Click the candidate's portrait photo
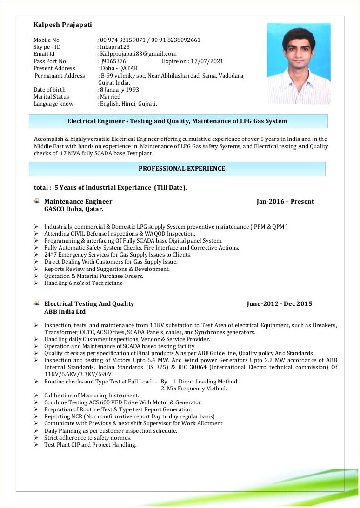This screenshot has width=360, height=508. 298,63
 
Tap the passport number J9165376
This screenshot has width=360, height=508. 113,61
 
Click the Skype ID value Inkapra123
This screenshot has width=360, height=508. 115,47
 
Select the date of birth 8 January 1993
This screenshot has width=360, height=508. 120,90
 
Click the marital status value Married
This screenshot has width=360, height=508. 110,97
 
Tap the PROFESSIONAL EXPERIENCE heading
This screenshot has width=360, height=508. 182,169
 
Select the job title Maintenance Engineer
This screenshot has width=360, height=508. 78,202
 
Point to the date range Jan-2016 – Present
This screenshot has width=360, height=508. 285,202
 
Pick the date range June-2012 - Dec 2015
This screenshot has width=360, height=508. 279,304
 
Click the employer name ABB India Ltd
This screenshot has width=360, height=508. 65,311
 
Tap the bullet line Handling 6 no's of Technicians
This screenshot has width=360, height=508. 83,283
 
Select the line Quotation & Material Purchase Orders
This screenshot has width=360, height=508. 93,276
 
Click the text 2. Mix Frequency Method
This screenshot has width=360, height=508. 194,389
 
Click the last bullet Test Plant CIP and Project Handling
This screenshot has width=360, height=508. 90,445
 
